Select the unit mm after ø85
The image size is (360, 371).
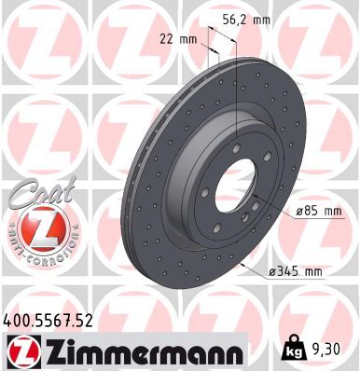click(332, 212)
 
